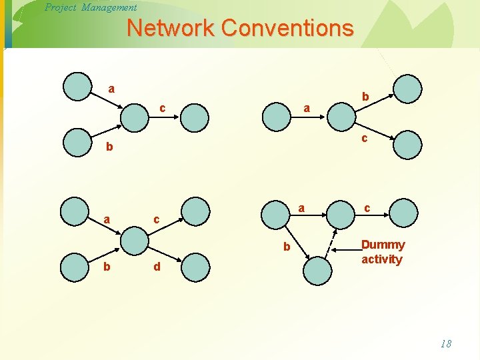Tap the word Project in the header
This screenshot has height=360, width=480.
pos(60,7)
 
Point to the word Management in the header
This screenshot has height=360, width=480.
pos(109,7)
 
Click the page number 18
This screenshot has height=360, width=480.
pos(446,344)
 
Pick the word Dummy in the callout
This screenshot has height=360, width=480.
pos(383,245)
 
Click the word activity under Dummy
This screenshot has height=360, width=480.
pos(381,259)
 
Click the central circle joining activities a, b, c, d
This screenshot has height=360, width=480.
pos(135,239)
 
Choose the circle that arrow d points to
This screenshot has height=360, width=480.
pos(195,267)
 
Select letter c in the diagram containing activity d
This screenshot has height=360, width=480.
pos(156,219)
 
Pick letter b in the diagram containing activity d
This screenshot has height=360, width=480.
pos(107,268)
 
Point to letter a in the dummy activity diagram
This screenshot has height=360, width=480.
pos(302,208)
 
